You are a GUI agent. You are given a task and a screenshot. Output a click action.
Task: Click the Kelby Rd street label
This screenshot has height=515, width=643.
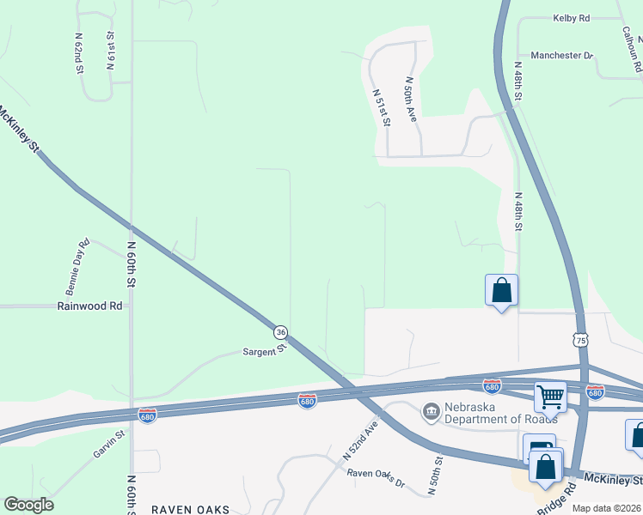click(571, 18)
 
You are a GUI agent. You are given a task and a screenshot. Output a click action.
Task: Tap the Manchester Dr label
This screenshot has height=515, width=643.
click(562, 56)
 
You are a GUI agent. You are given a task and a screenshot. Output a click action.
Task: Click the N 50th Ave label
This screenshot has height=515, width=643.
click(411, 100)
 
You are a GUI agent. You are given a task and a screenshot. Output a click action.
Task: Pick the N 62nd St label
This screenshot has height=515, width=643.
click(78, 54)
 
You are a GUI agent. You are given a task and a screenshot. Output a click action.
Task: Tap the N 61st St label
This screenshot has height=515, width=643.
click(110, 51)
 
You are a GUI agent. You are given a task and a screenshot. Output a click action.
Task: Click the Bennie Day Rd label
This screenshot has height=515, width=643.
click(77, 263)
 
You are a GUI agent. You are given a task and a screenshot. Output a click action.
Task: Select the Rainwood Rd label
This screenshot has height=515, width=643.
click(89, 306)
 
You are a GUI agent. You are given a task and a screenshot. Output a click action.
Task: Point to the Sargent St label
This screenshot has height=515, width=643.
click(263, 352)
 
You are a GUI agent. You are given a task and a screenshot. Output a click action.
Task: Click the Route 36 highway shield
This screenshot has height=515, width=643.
click(280, 332)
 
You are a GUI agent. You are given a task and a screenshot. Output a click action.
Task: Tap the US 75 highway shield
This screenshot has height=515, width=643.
click(582, 341)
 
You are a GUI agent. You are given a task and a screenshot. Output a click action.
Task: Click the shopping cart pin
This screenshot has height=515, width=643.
click(549, 397)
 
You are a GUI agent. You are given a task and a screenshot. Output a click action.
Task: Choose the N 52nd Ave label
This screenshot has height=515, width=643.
click(361, 439)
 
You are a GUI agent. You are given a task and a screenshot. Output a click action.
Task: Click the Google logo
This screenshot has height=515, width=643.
click(28, 505)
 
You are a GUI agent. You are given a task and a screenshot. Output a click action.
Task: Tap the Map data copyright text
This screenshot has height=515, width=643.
click(605, 508)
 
